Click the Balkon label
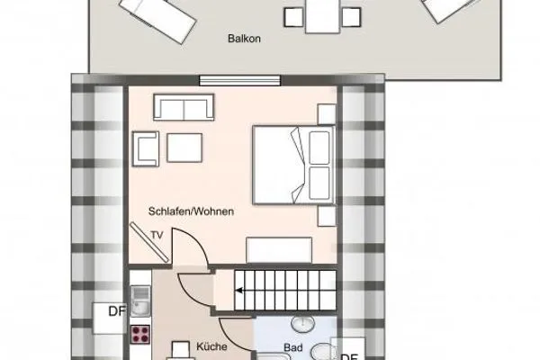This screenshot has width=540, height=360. (x=238, y=40)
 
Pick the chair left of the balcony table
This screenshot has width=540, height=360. (x=292, y=16)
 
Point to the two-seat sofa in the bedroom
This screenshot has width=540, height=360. (x=184, y=108)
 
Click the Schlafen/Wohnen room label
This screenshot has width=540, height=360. (x=192, y=211)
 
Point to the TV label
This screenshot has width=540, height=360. (x=157, y=236)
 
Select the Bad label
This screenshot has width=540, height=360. (x=292, y=347)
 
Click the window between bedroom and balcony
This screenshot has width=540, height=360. (x=233, y=80)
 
